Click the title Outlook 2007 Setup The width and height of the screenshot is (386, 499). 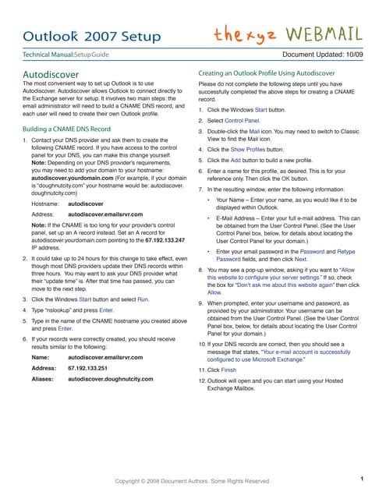92,36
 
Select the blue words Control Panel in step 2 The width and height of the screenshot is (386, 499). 243,122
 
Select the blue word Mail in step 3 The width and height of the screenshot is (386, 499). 254,132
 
